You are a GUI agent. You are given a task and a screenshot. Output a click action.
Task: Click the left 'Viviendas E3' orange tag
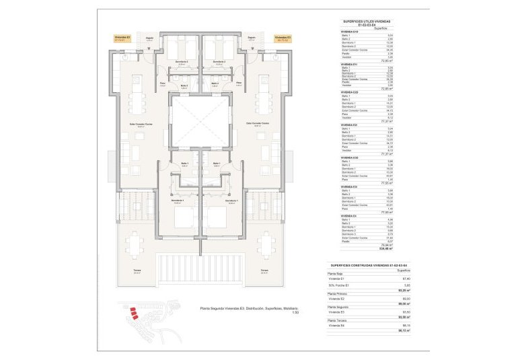122,38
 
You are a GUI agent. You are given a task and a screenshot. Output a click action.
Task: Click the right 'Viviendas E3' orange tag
283,38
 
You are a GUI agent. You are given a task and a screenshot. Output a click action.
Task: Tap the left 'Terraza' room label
137,272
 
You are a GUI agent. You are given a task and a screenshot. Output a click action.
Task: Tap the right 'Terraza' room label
264,272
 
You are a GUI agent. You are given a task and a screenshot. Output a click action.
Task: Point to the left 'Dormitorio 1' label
178,201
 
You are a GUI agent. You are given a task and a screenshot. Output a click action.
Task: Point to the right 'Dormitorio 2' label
219,61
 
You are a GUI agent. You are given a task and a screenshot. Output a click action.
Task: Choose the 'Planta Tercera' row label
337,321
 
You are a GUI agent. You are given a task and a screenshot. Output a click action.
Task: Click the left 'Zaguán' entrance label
150,38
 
